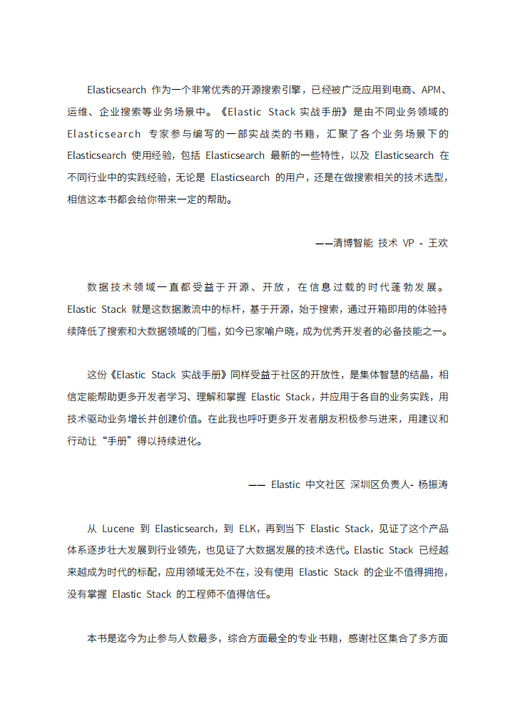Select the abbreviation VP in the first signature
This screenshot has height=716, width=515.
coord(409,243)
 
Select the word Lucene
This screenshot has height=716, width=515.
coord(119,529)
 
